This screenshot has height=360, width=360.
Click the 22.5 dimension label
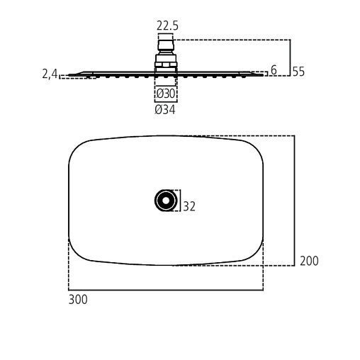167,26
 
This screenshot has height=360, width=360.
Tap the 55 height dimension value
298,72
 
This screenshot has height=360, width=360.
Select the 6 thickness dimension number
274,70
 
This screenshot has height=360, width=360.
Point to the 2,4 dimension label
50,74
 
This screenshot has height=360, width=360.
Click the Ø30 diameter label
166,94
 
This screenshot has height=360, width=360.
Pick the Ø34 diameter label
165,110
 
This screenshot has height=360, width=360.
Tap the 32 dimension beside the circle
189,206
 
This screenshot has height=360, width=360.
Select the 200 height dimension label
309,261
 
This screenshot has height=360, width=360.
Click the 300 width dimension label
78,300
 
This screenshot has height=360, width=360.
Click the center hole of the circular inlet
166,201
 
